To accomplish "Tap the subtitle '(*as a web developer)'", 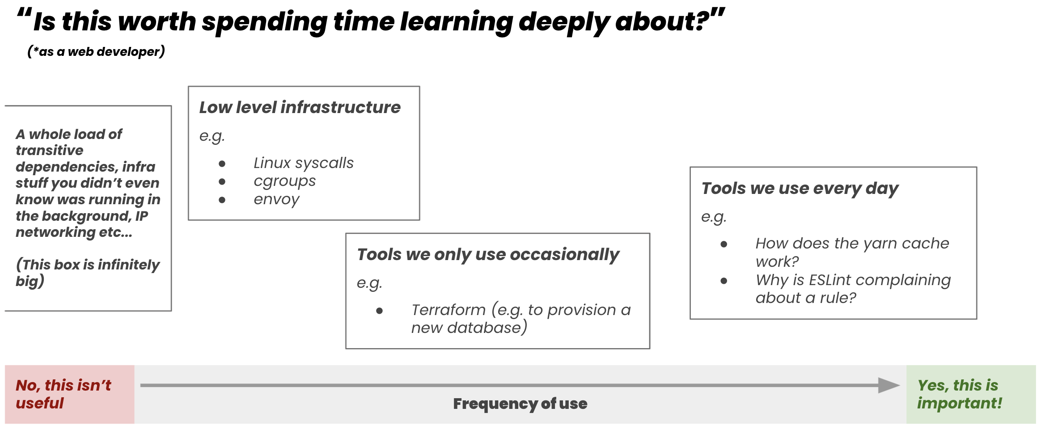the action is (x=96, y=51).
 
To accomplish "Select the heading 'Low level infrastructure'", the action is (x=300, y=107).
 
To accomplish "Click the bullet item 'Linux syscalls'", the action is (x=304, y=163).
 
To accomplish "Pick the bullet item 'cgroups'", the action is (x=284, y=181).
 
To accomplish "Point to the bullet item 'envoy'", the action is (x=276, y=200).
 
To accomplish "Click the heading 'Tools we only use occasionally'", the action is (x=488, y=255).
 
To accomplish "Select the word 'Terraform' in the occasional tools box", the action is (x=448, y=310).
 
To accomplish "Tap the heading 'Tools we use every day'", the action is (x=800, y=189).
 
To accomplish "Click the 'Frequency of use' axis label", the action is (x=520, y=404).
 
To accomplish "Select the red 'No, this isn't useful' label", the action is (x=63, y=394).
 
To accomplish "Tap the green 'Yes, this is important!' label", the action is (x=960, y=394).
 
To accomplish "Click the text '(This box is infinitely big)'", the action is (x=88, y=273).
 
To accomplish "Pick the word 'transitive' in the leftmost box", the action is (x=49, y=150).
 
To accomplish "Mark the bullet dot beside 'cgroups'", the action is (x=222, y=182).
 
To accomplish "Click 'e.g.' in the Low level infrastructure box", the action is (x=212, y=136).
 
